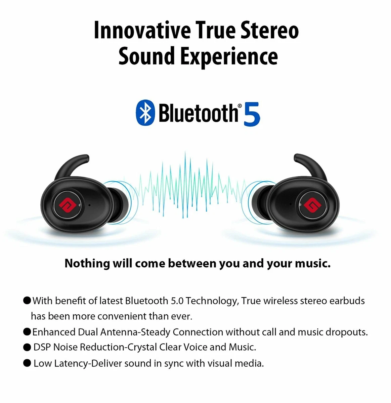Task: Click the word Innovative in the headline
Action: pyautogui.click(x=142, y=31)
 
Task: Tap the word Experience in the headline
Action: pyautogui.click(x=229, y=57)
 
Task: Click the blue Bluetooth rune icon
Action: pyautogui.click(x=145, y=113)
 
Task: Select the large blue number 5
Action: pyautogui.click(x=252, y=114)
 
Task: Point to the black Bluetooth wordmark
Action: pyautogui.click(x=199, y=113)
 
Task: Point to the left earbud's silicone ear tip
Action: pyautogui.click(x=119, y=206)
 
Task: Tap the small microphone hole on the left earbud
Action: pyautogui.click(x=89, y=205)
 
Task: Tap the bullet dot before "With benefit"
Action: pyautogui.click(x=27, y=300)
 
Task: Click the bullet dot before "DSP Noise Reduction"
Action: pyautogui.click(x=27, y=347)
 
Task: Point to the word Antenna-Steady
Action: pyautogui.click(x=135, y=332)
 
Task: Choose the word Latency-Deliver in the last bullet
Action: pyautogui.click(x=88, y=363)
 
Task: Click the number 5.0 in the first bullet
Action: pyautogui.click(x=177, y=301)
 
